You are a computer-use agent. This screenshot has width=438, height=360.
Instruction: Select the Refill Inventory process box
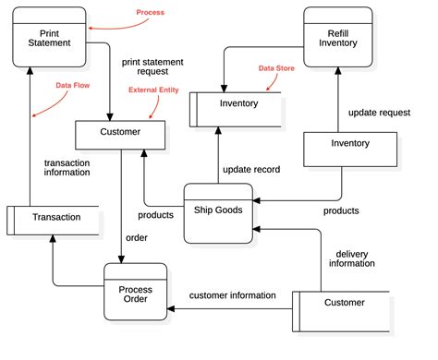[x=337, y=36]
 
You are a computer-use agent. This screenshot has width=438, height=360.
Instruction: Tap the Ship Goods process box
[x=217, y=212]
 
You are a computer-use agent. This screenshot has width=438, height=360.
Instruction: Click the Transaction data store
[x=54, y=218]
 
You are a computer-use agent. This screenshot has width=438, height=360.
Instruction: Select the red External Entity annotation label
[x=153, y=90]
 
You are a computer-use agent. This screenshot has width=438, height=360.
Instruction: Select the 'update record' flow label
[x=250, y=170]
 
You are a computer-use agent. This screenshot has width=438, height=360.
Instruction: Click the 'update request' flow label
[x=379, y=113]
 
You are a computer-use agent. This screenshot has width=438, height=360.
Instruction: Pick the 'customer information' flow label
[x=232, y=295]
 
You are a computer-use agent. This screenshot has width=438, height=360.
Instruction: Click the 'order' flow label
[x=137, y=237]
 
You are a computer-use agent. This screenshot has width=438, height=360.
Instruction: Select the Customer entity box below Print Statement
[x=121, y=133]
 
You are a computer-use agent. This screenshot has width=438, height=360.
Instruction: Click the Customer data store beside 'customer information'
[x=342, y=303]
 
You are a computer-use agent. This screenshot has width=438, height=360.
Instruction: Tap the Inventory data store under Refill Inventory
[x=237, y=104]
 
